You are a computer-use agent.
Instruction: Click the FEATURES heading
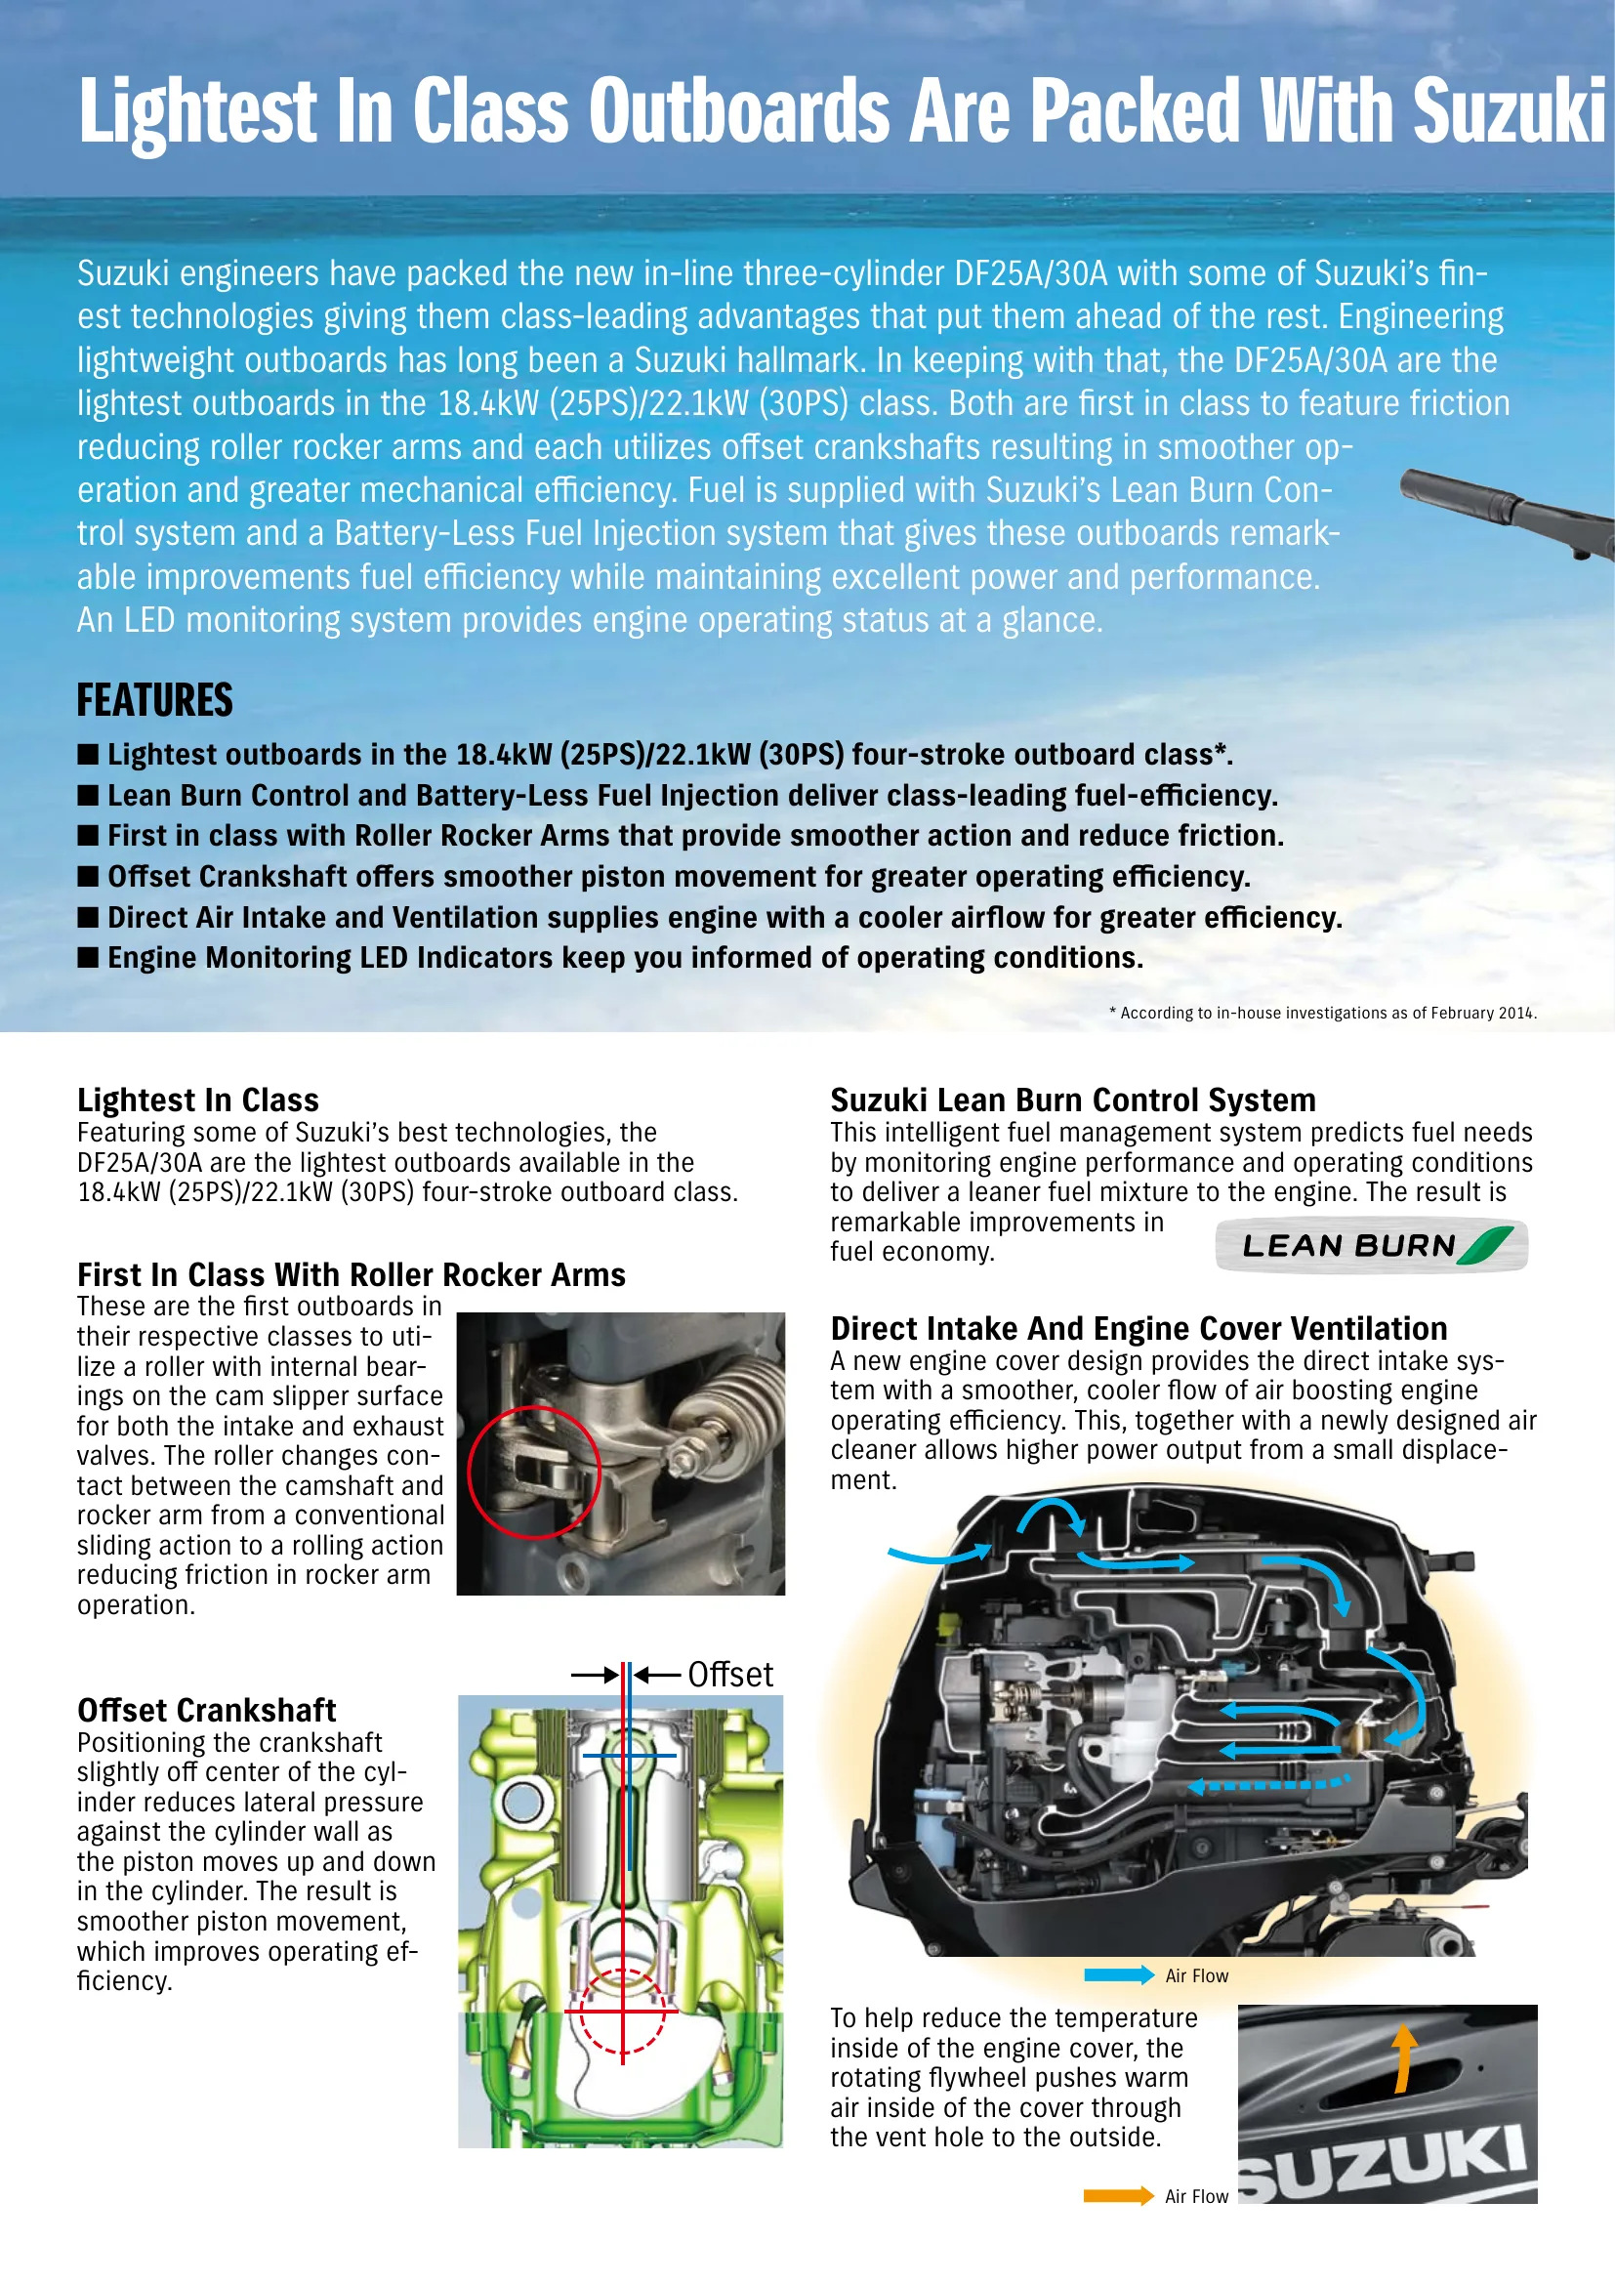[x=155, y=700]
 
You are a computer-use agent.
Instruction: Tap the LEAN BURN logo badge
[x=1371, y=1245]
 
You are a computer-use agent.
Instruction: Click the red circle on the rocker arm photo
[x=534, y=1473]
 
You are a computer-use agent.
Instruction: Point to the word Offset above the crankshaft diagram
[x=730, y=1676]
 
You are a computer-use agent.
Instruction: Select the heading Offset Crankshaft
[x=207, y=1710]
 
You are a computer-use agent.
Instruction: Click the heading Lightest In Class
[x=198, y=1100]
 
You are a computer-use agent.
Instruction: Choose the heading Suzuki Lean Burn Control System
[x=1073, y=1100]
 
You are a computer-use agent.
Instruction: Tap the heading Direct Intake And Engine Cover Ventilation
[x=1139, y=1329]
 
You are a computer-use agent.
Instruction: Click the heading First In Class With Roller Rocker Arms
[x=352, y=1275]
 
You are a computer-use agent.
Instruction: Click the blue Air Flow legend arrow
[x=1119, y=1975]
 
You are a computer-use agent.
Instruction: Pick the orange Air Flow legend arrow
[x=1119, y=2196]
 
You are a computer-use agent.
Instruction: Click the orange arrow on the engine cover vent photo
[x=1404, y=2059]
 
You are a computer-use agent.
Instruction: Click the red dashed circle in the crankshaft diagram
[x=623, y=2012]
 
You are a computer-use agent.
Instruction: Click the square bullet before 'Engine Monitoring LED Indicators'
[x=89, y=957]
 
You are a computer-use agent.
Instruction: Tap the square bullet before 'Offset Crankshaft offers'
[x=89, y=875]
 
